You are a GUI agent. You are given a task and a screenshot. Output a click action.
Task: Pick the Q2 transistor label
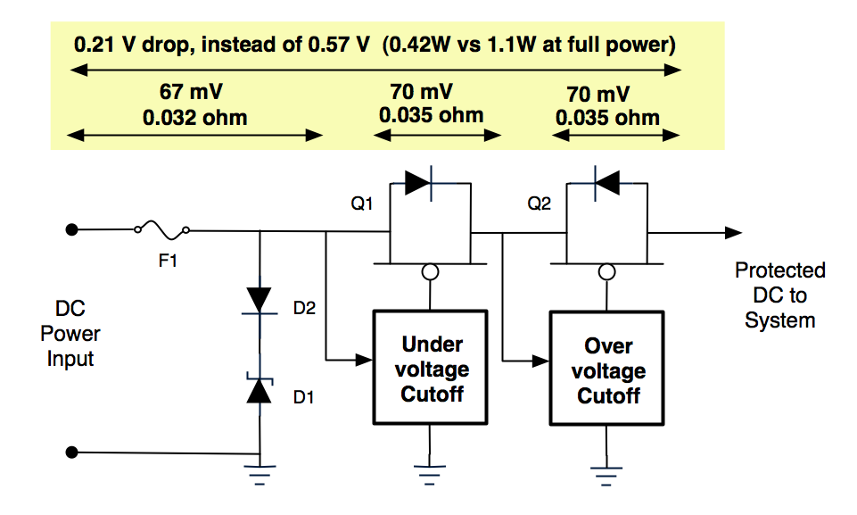pos(537,204)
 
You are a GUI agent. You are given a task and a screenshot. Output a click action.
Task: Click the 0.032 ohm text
pos(195,118)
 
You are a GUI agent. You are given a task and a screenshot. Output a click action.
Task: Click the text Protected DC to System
pos(779,295)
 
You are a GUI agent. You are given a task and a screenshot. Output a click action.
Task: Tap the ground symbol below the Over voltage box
pos(607,469)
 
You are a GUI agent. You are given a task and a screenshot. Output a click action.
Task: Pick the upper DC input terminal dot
pos(73,229)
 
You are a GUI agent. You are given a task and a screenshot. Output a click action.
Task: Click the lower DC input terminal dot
pos(73,453)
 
